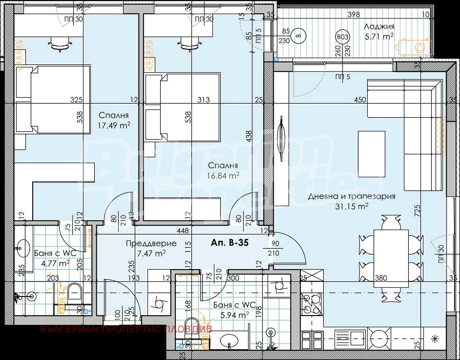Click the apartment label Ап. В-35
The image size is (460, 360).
click(229, 243)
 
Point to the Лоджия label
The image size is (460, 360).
click(379, 27)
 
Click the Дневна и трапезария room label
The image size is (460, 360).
click(351, 196)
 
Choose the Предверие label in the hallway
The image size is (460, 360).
click(151, 243)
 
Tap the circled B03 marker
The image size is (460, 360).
click(343, 37)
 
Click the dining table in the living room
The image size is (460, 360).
click(391, 258)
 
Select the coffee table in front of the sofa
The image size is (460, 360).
click(371, 154)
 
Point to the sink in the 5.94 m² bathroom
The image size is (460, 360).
click(229, 340)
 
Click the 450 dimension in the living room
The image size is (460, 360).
click(360, 100)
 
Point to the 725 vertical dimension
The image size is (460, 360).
click(417, 211)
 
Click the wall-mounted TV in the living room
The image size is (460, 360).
click(281, 138)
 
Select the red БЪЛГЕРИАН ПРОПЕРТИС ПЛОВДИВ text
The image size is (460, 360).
click(126, 329)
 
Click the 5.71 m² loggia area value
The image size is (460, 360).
click(379, 37)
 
